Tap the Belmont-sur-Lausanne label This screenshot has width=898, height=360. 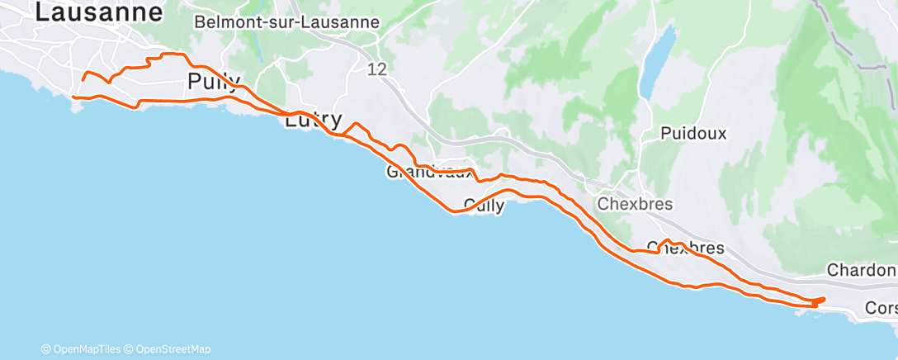(x=286, y=22)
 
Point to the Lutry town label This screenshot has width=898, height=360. (x=313, y=120)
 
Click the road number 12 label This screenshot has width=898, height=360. (x=377, y=70)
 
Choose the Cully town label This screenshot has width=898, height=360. (x=484, y=205)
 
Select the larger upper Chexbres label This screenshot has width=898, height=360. (x=635, y=204)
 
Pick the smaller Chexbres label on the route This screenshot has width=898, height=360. (x=685, y=248)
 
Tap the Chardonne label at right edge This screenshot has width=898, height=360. (x=861, y=270)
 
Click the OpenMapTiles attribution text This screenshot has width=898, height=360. (x=84, y=349)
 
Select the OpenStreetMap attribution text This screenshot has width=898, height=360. (x=172, y=349)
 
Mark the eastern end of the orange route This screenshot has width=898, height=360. (x=824, y=298)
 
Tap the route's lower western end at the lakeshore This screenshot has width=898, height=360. (x=74, y=97)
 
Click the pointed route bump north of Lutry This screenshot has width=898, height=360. (x=356, y=124)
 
